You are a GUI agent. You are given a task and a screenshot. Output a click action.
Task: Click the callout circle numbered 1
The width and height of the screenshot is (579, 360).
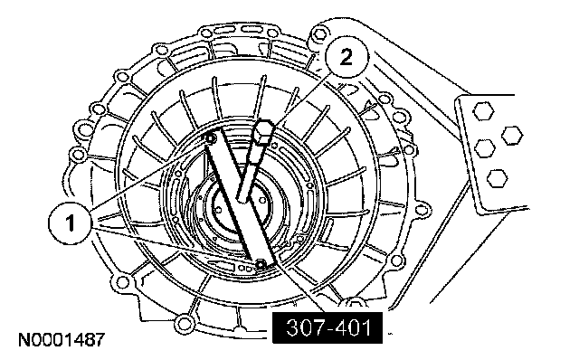[70, 223]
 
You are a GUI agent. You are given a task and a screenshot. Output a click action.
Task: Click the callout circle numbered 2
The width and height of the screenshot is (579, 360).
[346, 58]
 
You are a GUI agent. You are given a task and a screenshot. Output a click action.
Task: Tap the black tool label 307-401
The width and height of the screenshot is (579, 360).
[327, 327]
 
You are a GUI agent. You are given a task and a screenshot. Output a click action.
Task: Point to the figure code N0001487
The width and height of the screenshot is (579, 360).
[62, 340]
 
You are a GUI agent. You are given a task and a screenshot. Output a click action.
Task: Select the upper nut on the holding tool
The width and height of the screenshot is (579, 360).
[211, 139]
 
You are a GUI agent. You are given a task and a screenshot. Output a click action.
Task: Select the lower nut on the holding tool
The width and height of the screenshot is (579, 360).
[261, 264]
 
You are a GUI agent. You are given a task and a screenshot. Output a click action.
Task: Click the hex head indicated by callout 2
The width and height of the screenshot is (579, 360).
[263, 133]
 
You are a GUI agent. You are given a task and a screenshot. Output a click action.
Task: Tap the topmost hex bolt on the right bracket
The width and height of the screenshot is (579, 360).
[483, 111]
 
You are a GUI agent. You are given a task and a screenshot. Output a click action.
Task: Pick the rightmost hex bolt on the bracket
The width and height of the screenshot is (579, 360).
[512, 136]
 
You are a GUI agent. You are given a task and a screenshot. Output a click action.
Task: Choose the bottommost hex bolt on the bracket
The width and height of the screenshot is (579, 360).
[497, 178]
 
